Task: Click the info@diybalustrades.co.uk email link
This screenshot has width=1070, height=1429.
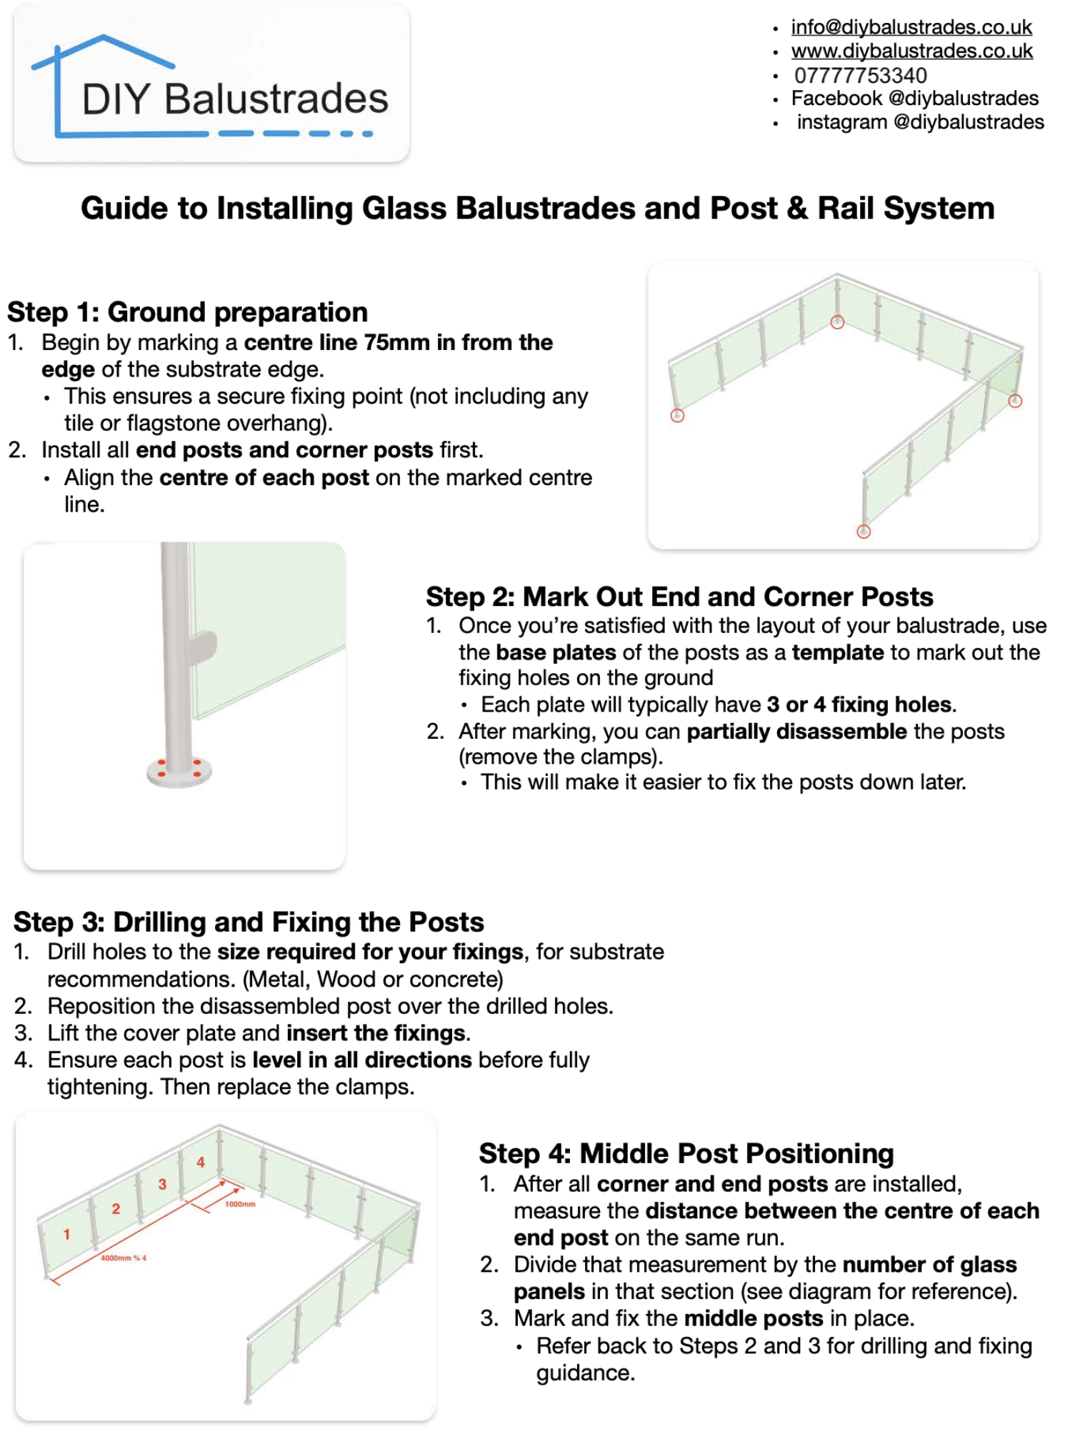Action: (x=911, y=27)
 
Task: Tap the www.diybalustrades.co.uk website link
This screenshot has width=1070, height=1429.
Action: (x=911, y=51)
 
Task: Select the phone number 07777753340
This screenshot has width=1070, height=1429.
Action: (x=860, y=75)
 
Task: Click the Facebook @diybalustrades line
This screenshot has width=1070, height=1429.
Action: (x=914, y=99)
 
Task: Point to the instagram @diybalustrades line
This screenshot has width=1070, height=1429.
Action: (x=920, y=122)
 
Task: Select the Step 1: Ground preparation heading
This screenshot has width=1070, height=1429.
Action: (x=187, y=312)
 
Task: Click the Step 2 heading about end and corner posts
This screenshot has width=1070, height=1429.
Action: (x=679, y=597)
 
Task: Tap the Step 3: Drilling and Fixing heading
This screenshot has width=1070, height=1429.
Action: (x=249, y=922)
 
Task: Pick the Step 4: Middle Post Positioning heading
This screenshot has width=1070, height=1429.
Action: (x=686, y=1153)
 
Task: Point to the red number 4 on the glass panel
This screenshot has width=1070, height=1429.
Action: (x=201, y=1162)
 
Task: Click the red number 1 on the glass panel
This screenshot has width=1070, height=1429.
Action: (x=66, y=1234)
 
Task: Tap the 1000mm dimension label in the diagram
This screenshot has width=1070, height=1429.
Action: (x=240, y=1204)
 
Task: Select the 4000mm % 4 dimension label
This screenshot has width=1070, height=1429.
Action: (x=123, y=1258)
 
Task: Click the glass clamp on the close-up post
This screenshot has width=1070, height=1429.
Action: (x=202, y=646)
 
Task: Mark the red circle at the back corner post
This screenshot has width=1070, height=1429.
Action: (x=837, y=322)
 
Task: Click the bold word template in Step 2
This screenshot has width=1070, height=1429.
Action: (x=837, y=652)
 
